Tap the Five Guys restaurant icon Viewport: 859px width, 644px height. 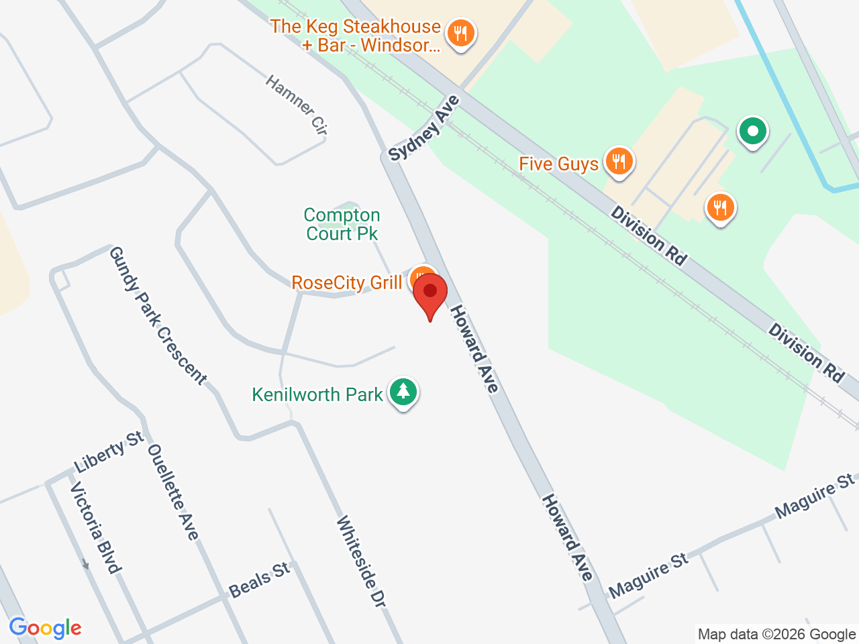[619, 162]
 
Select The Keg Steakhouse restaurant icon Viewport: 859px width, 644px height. [460, 32]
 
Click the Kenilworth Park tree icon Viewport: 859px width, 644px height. [403, 391]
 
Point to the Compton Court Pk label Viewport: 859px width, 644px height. [342, 224]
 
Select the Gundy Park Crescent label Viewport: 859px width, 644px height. [158, 315]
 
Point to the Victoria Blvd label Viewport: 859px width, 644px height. [96, 527]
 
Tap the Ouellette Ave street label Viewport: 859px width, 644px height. [173, 492]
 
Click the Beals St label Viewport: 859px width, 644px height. [259, 580]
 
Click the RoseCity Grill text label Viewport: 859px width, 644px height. [347, 283]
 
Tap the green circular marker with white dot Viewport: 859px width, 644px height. [753, 131]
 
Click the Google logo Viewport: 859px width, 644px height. [46, 629]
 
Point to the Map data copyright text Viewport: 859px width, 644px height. [776, 634]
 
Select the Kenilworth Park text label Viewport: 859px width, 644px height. [317, 394]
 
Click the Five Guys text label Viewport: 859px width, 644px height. [559, 164]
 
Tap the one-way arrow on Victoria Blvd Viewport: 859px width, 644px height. [85, 564]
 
